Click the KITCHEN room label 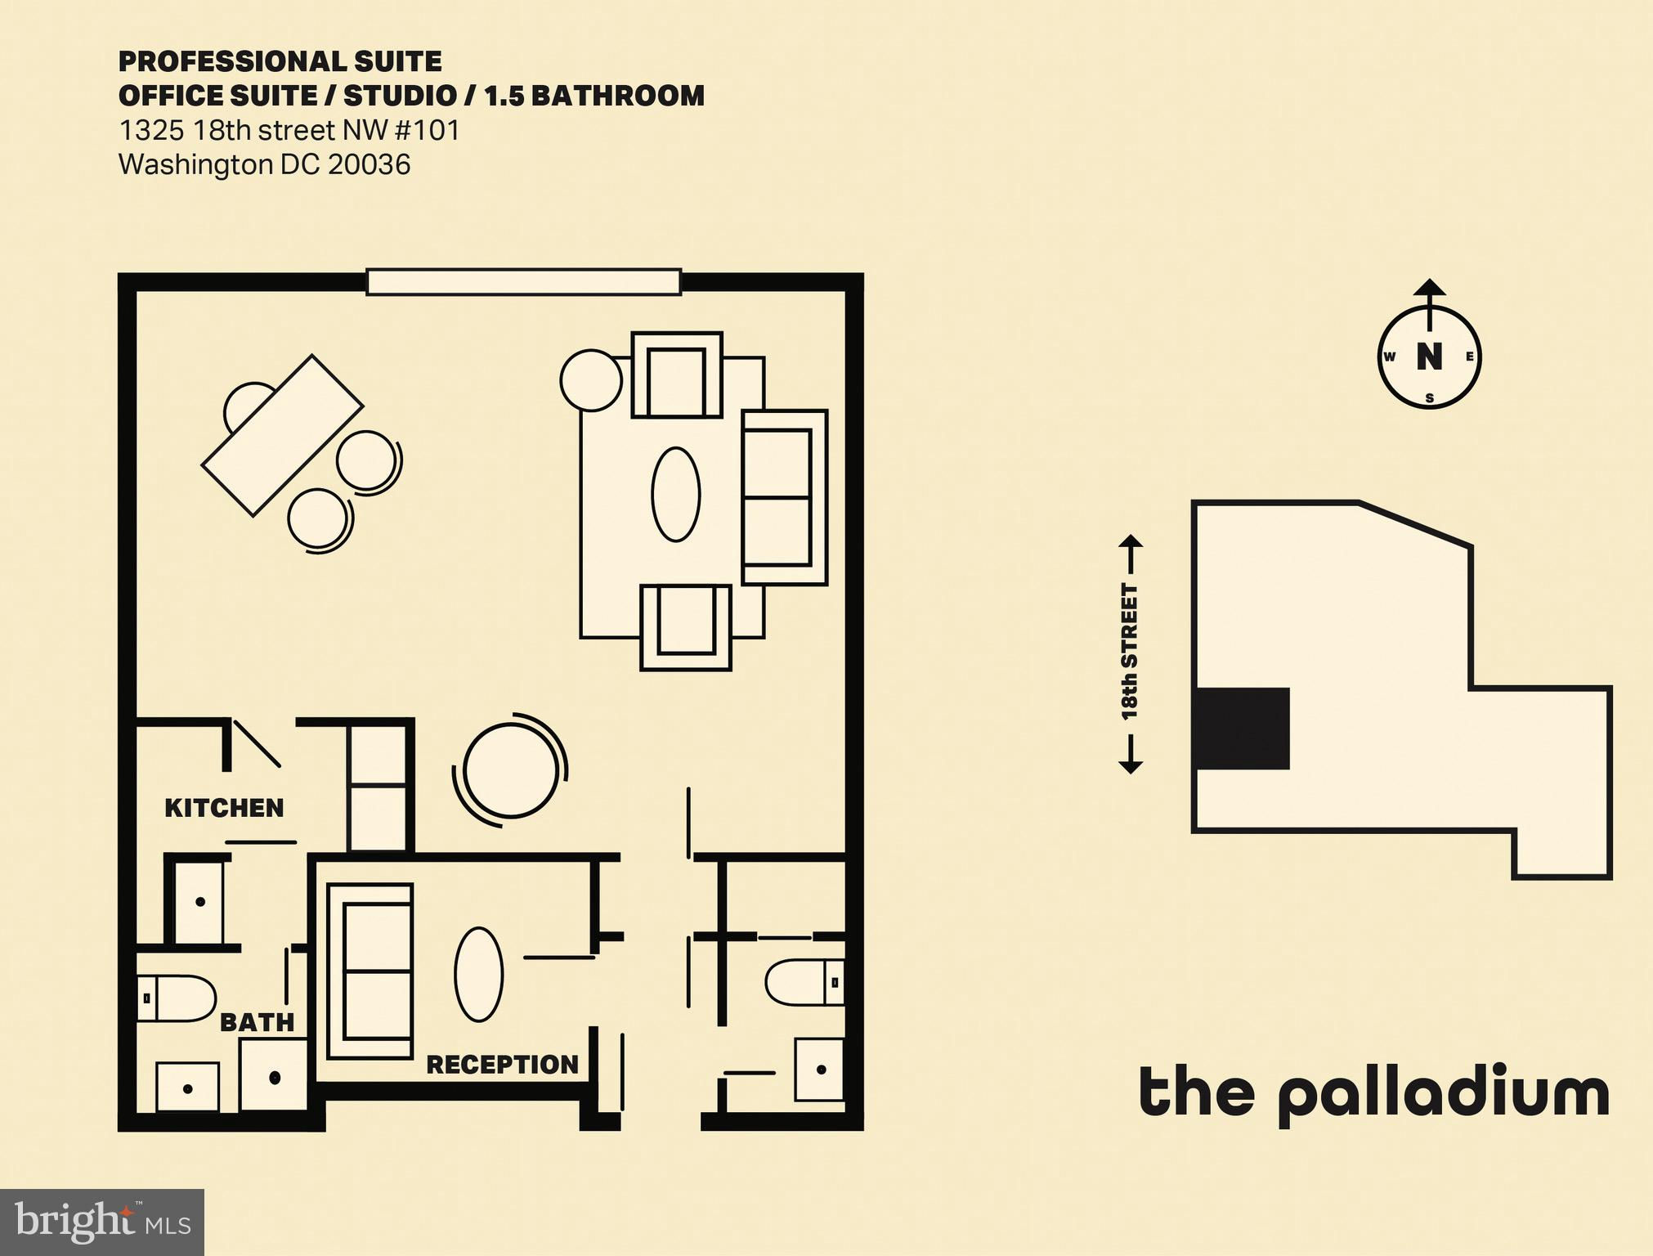[224, 808]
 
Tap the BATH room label [257, 1022]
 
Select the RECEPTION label [502, 1064]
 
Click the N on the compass [1429, 357]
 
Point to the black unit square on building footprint [1242, 728]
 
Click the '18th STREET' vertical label [1130, 652]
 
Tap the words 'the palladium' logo [1374, 1093]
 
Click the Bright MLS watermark [102, 1222]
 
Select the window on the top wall [523, 281]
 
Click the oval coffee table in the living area [676, 494]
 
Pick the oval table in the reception [478, 974]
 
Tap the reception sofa [370, 971]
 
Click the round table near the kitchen [510, 769]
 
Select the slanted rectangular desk [282, 435]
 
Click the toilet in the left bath [175, 998]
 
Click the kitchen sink [200, 901]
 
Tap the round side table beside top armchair [591, 380]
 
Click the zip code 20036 [369, 164]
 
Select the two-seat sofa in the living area [785, 497]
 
